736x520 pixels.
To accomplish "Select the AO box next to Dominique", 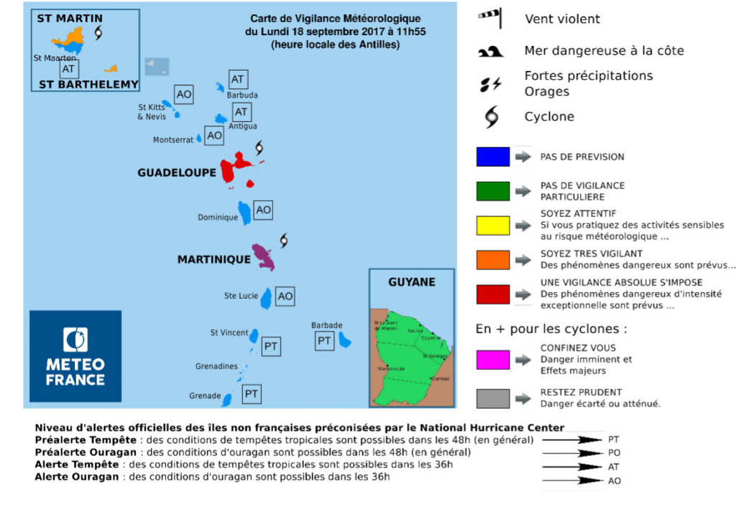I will point(263,210).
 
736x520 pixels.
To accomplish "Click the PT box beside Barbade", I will point(325,340).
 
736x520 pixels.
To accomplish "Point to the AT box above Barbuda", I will point(238,79).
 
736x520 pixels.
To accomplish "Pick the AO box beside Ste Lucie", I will point(285,296).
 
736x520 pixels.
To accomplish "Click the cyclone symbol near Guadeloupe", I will point(259,149).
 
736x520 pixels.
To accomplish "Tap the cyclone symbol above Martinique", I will point(284,239).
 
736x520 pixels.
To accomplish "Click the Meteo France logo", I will point(75,356).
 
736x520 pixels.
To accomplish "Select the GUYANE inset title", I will point(411,282).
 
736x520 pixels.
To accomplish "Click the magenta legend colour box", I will point(492,359).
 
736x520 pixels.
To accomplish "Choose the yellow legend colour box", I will point(492,226).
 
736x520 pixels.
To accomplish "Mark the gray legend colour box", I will point(492,398).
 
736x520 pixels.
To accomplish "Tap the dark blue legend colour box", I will point(492,157).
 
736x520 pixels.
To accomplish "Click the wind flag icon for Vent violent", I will point(491,18).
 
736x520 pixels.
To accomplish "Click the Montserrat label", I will point(173,140).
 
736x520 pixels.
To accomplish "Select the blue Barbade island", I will point(345,339).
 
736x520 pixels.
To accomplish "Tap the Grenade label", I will point(205,396).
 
